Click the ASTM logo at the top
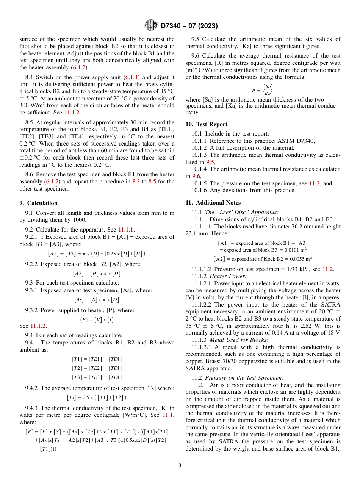[x=150, y=25]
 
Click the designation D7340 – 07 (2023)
[x=189, y=26]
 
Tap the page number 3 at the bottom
[x=180, y=465]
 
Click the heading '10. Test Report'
[x=207, y=124]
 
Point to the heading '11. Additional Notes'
[x=213, y=203]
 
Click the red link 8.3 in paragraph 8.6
[x=136, y=182]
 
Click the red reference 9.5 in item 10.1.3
[x=210, y=162]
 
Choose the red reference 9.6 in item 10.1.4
[x=196, y=176]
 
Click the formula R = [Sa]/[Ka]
[x=263, y=91]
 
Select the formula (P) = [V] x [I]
[x=97, y=319]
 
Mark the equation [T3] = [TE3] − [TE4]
[x=97, y=377]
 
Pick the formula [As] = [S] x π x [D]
[x=97, y=300]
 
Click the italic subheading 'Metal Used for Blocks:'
[x=239, y=340]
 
